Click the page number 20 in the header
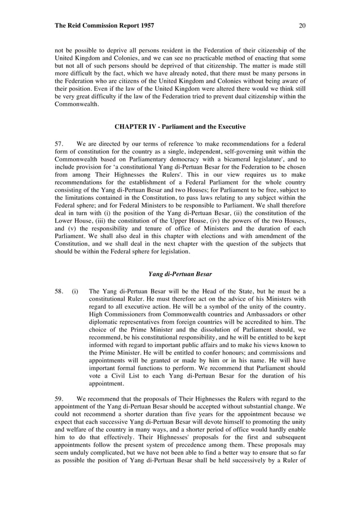coord(302,26)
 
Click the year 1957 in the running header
coord(144,26)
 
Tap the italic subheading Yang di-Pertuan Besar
coord(180,274)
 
